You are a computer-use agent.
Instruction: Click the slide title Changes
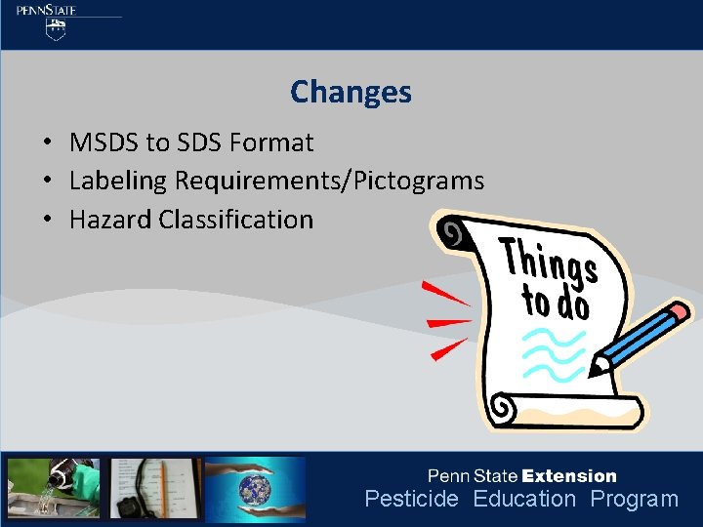point(351,93)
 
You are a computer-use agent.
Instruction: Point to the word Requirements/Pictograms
point(329,181)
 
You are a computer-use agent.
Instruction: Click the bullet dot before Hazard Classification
point(47,221)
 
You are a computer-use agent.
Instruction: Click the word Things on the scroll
point(549,260)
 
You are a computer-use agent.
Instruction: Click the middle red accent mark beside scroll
point(448,321)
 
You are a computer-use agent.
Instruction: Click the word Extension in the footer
point(569,476)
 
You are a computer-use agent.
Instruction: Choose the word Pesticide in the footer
point(411,500)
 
